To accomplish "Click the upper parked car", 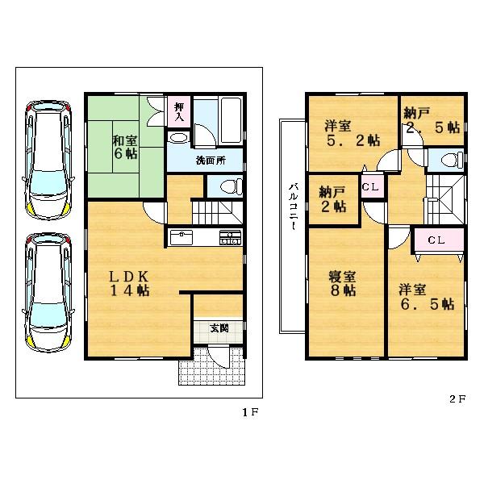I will point(49,158).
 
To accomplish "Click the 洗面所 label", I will point(211,161).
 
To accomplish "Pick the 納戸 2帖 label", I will point(332,199).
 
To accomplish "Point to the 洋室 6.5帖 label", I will point(424,297).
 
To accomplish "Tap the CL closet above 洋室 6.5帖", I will point(436,240).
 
